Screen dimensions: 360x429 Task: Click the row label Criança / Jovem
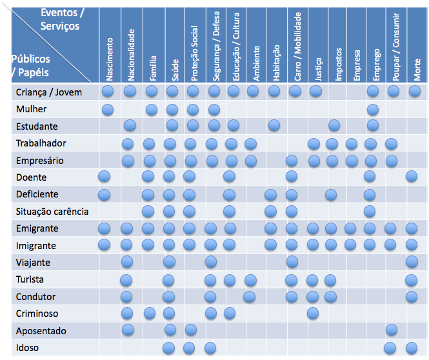pyautogui.click(x=49, y=92)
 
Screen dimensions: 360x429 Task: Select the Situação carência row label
pyautogui.click(x=52, y=212)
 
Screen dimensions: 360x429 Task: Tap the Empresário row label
pyautogui.click(x=40, y=160)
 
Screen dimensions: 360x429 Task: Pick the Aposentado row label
pyautogui.click(x=41, y=331)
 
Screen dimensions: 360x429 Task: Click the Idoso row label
pyautogui.click(x=28, y=348)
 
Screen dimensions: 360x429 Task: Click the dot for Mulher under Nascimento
pyautogui.click(x=108, y=109)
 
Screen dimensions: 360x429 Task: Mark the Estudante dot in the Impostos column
pyautogui.click(x=334, y=125)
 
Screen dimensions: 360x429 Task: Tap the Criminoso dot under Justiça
pyautogui.click(x=313, y=313)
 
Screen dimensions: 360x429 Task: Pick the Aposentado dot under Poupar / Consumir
pyautogui.click(x=391, y=330)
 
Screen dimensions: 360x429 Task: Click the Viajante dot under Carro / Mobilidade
pyautogui.click(x=292, y=261)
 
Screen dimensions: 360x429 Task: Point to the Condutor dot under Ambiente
pyautogui.click(x=250, y=296)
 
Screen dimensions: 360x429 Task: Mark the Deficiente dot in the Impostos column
pyautogui.click(x=330, y=194)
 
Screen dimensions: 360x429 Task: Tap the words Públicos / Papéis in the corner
pyautogui.click(x=30, y=65)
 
